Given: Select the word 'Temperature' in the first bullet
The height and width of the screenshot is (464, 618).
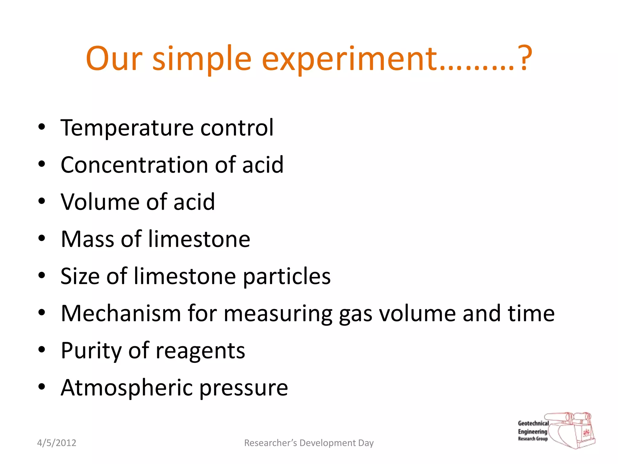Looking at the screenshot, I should [x=126, y=128].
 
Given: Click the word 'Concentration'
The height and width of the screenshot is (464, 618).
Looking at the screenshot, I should [x=134, y=165].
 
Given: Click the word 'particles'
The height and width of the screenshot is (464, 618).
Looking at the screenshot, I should [x=287, y=276].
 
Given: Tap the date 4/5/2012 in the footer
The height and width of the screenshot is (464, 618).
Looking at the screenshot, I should [x=56, y=443].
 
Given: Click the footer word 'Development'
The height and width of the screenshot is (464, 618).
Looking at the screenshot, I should [x=327, y=443].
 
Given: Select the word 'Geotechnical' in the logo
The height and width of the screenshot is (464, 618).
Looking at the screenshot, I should [x=533, y=423].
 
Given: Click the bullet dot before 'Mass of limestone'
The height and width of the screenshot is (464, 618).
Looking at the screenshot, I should [x=42, y=238].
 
